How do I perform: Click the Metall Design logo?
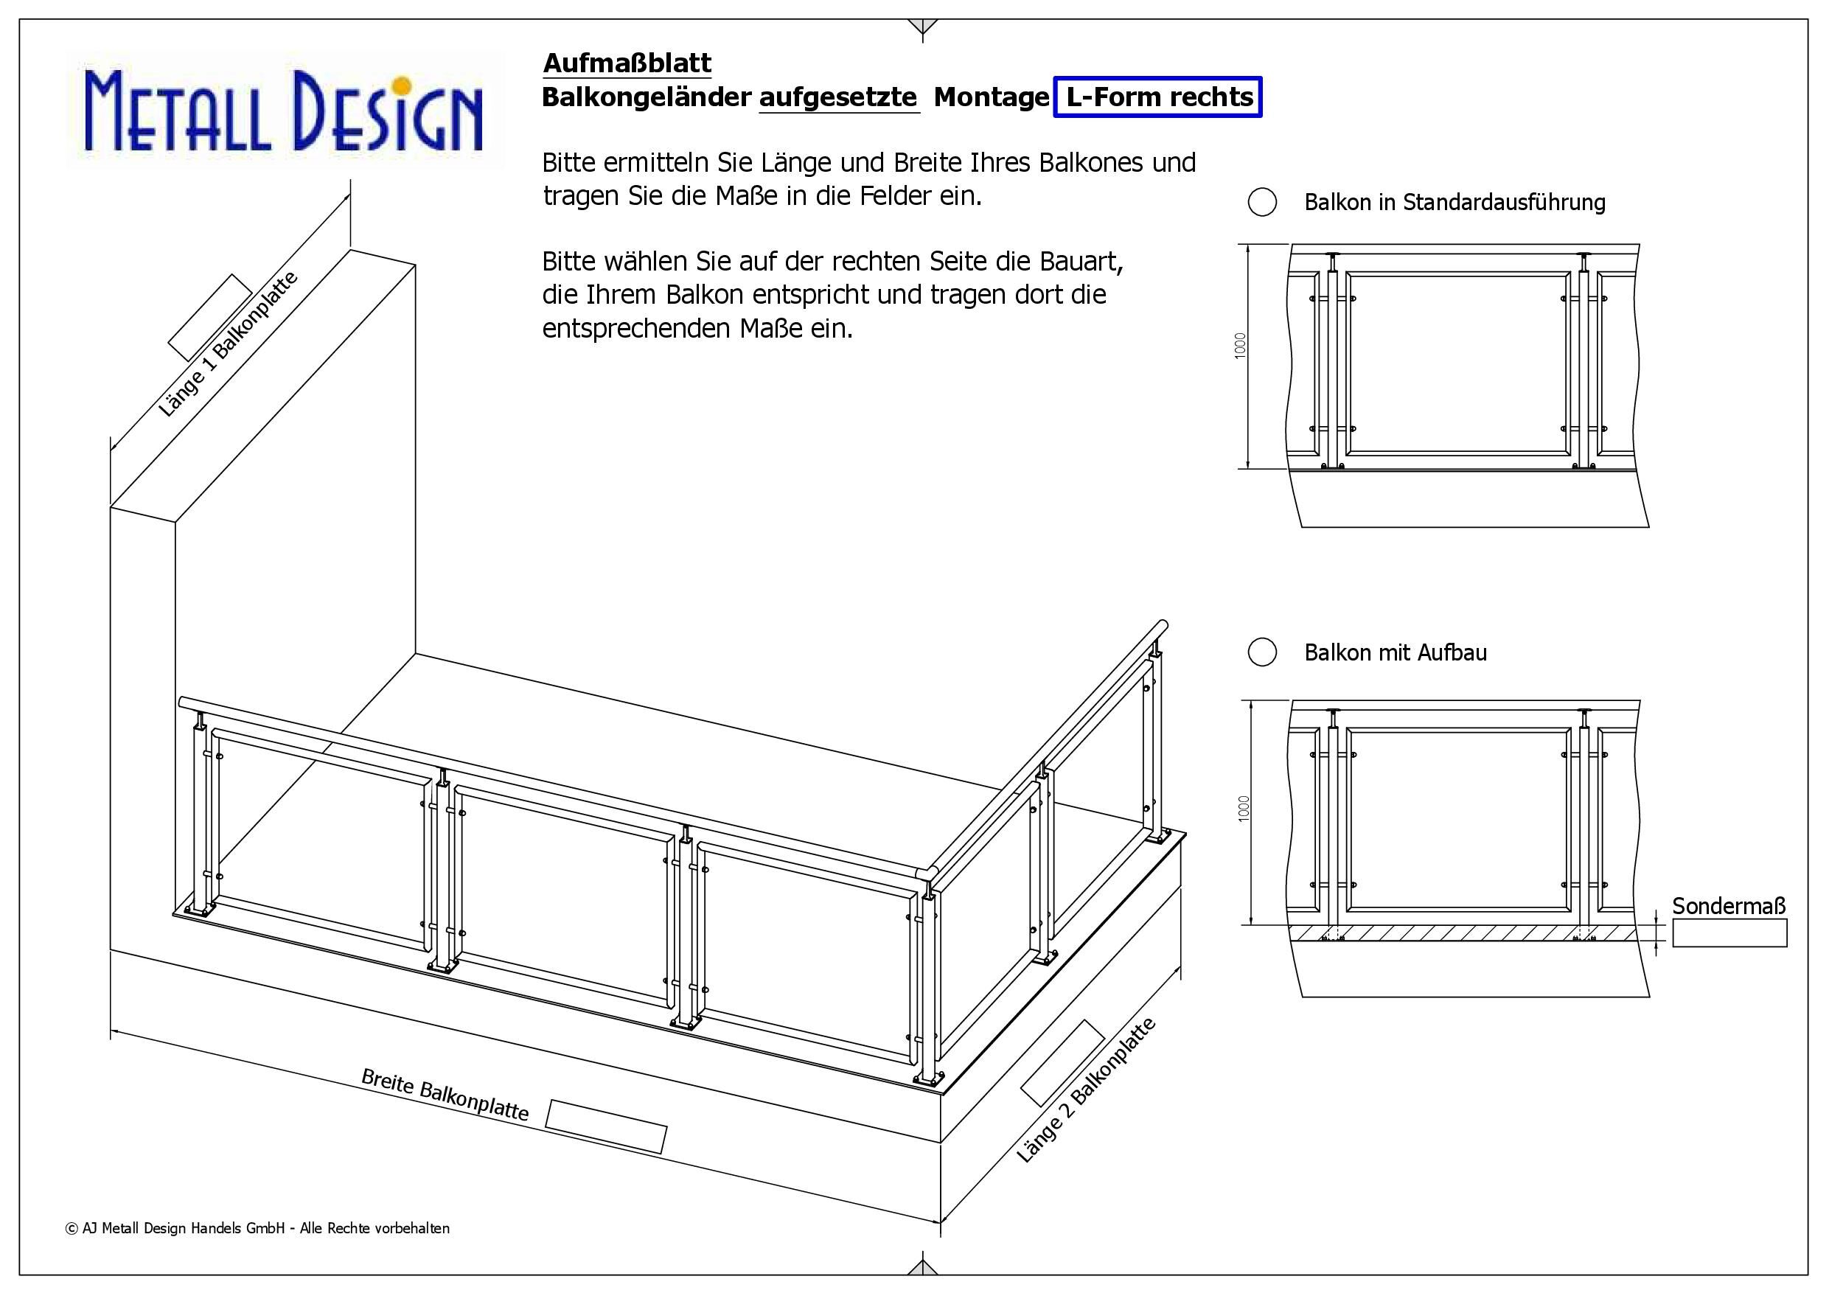pyautogui.click(x=285, y=109)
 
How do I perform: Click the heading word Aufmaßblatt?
pyautogui.click(x=627, y=63)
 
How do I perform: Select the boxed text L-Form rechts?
pyautogui.click(x=1158, y=97)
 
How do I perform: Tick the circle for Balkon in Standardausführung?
pyautogui.click(x=1262, y=203)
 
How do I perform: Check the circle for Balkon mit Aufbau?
pyautogui.click(x=1262, y=652)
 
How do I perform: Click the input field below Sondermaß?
pyautogui.click(x=1729, y=933)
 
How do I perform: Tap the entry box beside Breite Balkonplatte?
pyautogui.click(x=605, y=1126)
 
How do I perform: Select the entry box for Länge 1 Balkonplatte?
pyautogui.click(x=210, y=317)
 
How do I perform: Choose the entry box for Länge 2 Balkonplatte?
pyautogui.click(x=1062, y=1063)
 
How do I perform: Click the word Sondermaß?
pyautogui.click(x=1729, y=906)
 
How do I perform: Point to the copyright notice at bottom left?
pyautogui.click(x=257, y=1228)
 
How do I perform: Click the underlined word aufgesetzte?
pyautogui.click(x=838, y=97)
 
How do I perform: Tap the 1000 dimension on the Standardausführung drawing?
pyautogui.click(x=1240, y=346)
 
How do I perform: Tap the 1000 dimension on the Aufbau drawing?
pyautogui.click(x=1244, y=809)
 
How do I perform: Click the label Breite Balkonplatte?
pyautogui.click(x=445, y=1094)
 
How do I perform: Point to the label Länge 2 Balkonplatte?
pyautogui.click(x=1086, y=1090)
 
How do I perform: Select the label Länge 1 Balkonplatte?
pyautogui.click(x=228, y=344)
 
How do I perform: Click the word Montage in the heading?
pyautogui.click(x=991, y=97)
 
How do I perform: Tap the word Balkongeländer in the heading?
pyautogui.click(x=646, y=97)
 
